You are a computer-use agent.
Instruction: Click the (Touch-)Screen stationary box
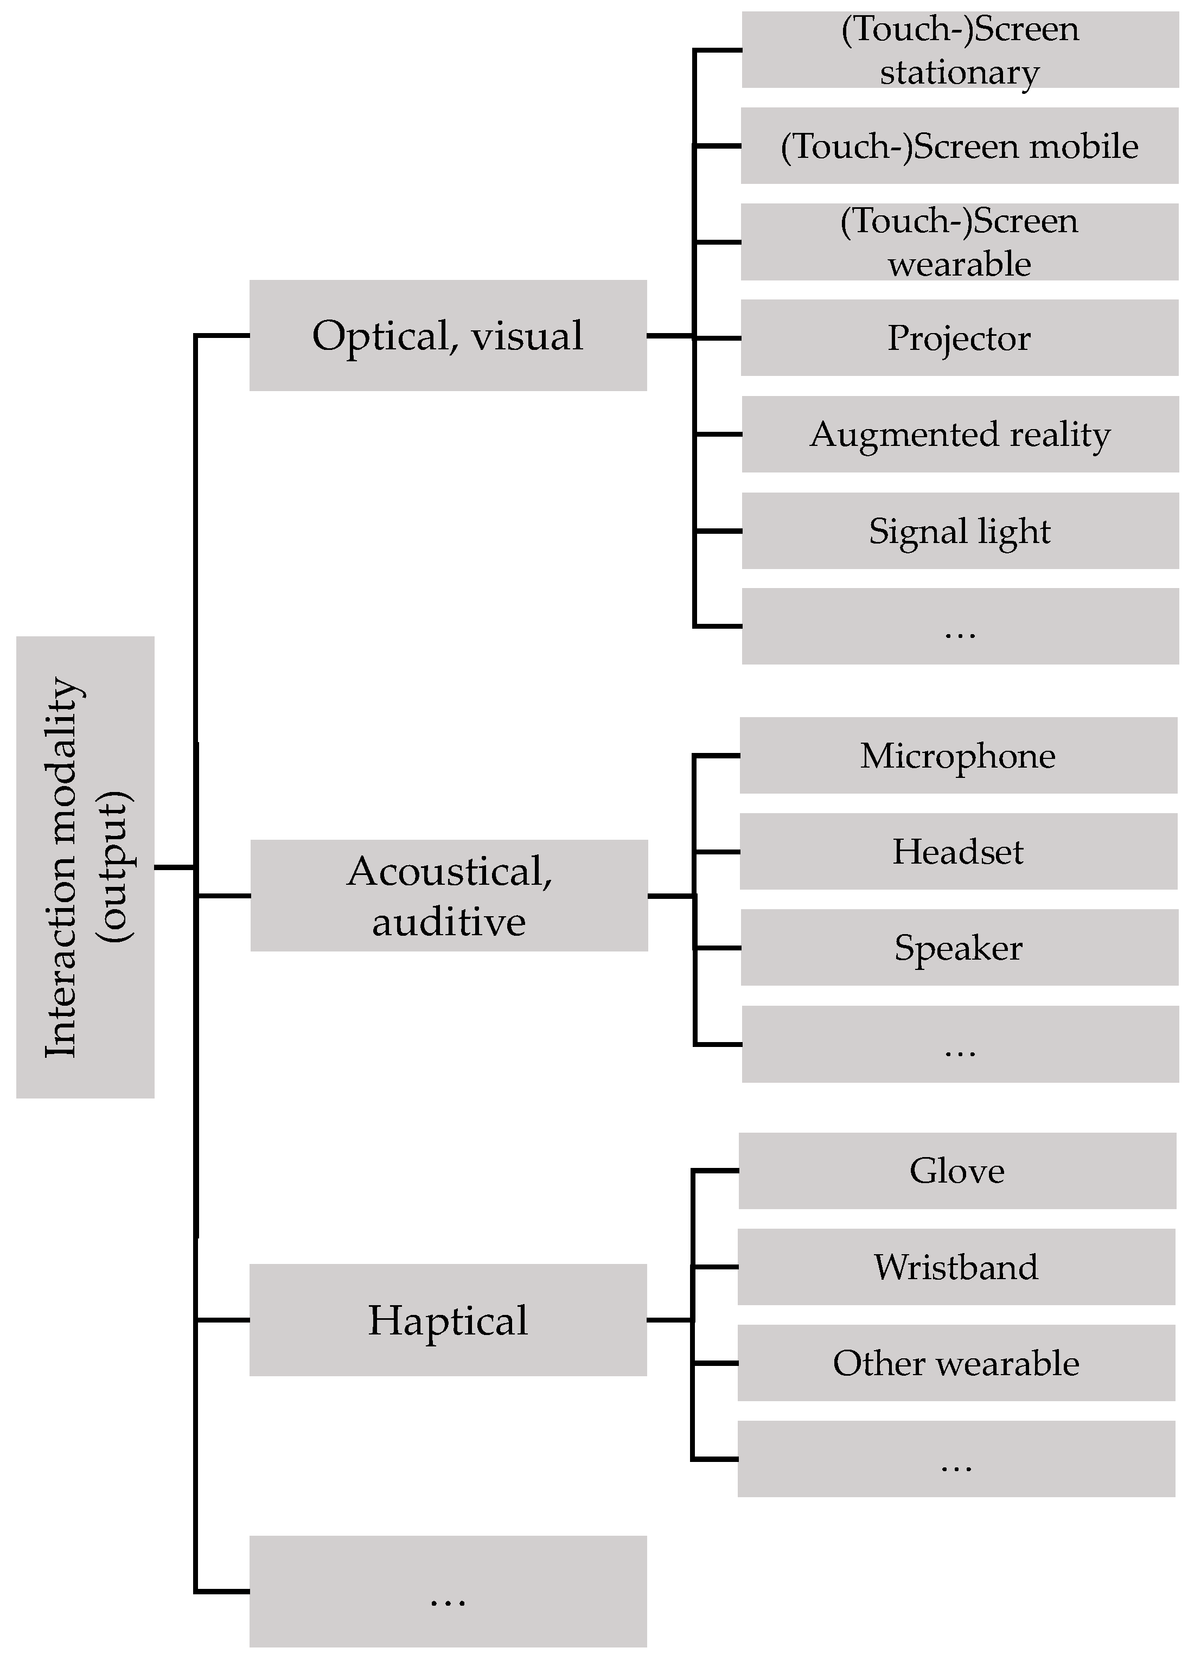point(960,50)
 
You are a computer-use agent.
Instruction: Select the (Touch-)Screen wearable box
point(959,241)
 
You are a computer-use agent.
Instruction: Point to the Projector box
point(959,337)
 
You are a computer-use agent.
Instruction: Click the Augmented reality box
point(960,434)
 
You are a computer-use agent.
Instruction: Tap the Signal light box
point(960,531)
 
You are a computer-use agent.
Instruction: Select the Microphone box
point(959,755)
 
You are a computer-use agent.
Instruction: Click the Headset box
point(959,852)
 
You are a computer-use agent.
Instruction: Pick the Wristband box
point(956,1267)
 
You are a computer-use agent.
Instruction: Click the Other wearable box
point(956,1363)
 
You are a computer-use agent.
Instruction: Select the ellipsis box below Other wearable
point(956,1459)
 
